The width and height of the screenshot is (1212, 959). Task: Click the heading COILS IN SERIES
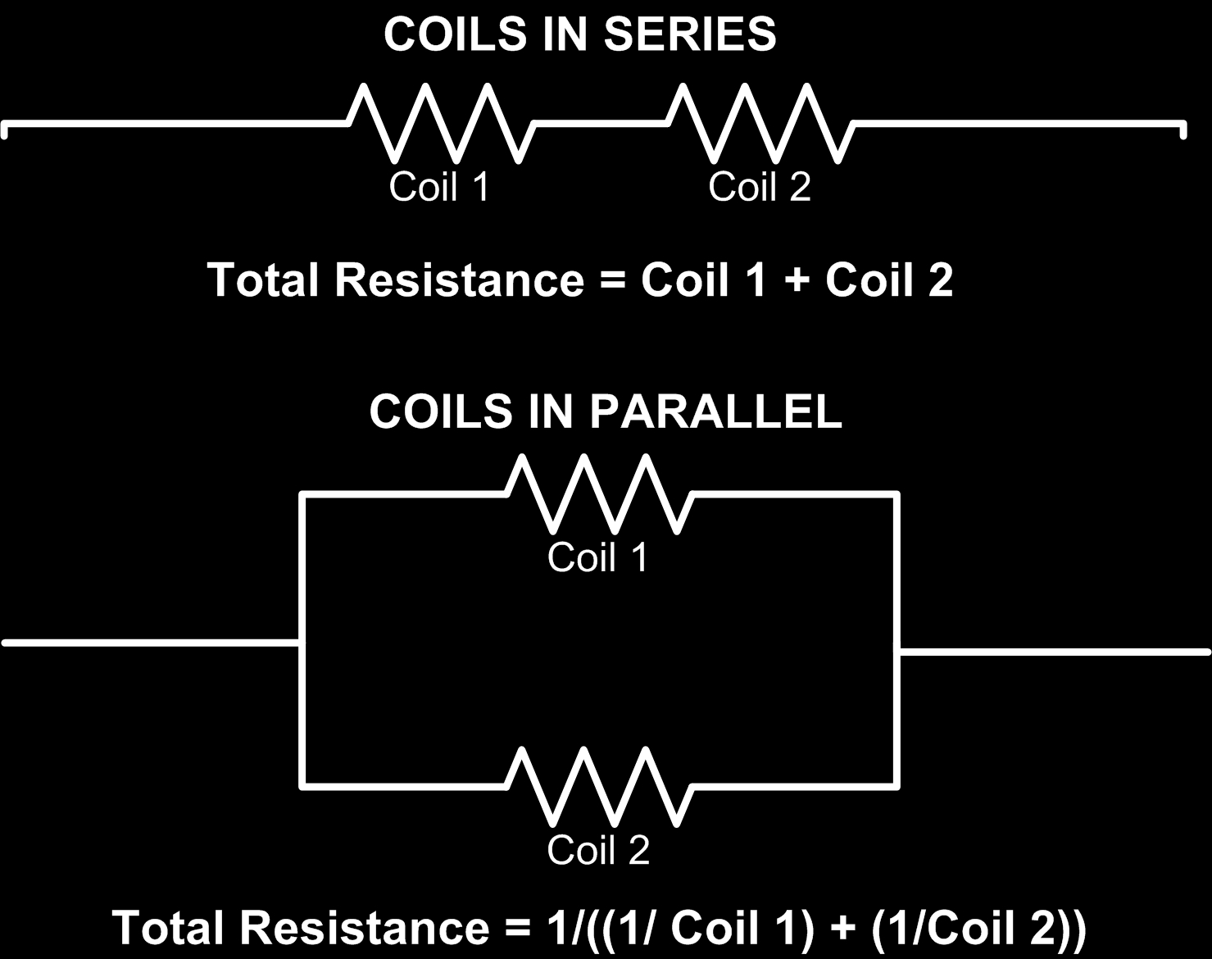coord(579,34)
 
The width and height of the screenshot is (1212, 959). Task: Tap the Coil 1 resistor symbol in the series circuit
coord(442,122)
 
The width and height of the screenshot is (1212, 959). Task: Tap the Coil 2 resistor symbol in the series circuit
coord(761,122)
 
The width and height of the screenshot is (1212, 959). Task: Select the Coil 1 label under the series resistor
coord(438,186)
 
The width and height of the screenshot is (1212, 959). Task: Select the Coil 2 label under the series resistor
coord(759,186)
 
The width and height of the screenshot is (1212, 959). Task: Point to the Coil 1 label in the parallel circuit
coord(597,557)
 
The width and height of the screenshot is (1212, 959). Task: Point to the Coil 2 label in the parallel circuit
coord(597,849)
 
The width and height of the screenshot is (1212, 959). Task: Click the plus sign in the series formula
coord(796,281)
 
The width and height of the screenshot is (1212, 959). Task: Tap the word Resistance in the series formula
coord(458,280)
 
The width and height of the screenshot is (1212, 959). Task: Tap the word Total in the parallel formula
coord(167,928)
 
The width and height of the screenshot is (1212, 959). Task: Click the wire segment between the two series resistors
coord(601,123)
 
